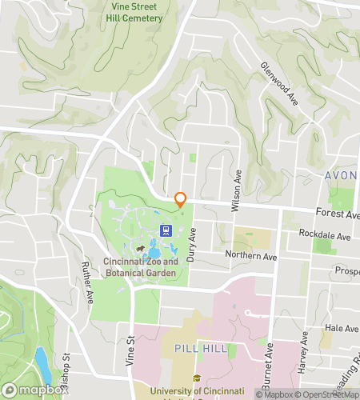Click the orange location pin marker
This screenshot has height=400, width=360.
[181, 199]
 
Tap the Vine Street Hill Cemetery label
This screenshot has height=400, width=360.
[136, 12]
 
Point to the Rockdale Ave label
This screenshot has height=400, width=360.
[324, 237]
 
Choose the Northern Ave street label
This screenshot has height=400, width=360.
[250, 257]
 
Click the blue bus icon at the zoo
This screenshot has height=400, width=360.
[166, 230]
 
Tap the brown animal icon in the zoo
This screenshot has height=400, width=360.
[141, 250]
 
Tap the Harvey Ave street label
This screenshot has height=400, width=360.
[303, 349]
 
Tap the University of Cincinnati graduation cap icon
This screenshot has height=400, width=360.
[196, 378]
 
